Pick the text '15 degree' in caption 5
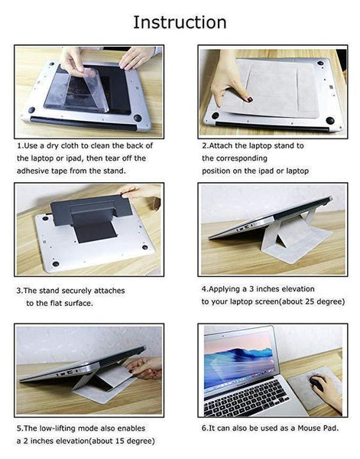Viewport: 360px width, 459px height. pyautogui.click(x=129, y=441)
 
